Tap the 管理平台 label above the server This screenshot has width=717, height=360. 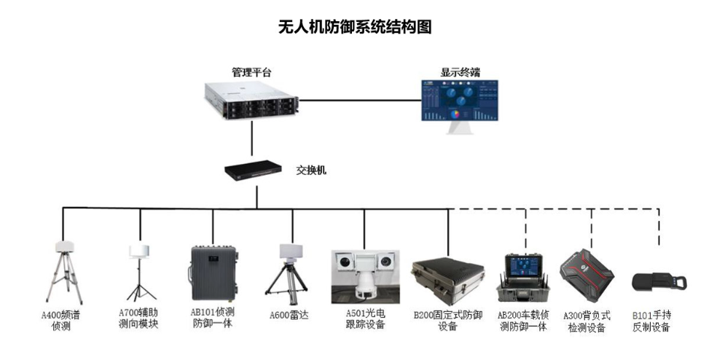coord(252,72)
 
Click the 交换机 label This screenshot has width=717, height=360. coord(311,171)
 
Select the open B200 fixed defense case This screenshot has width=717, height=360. coord(446,281)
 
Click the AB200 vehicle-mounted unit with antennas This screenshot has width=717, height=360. coord(525,275)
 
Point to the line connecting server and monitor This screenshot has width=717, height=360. coord(361,100)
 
